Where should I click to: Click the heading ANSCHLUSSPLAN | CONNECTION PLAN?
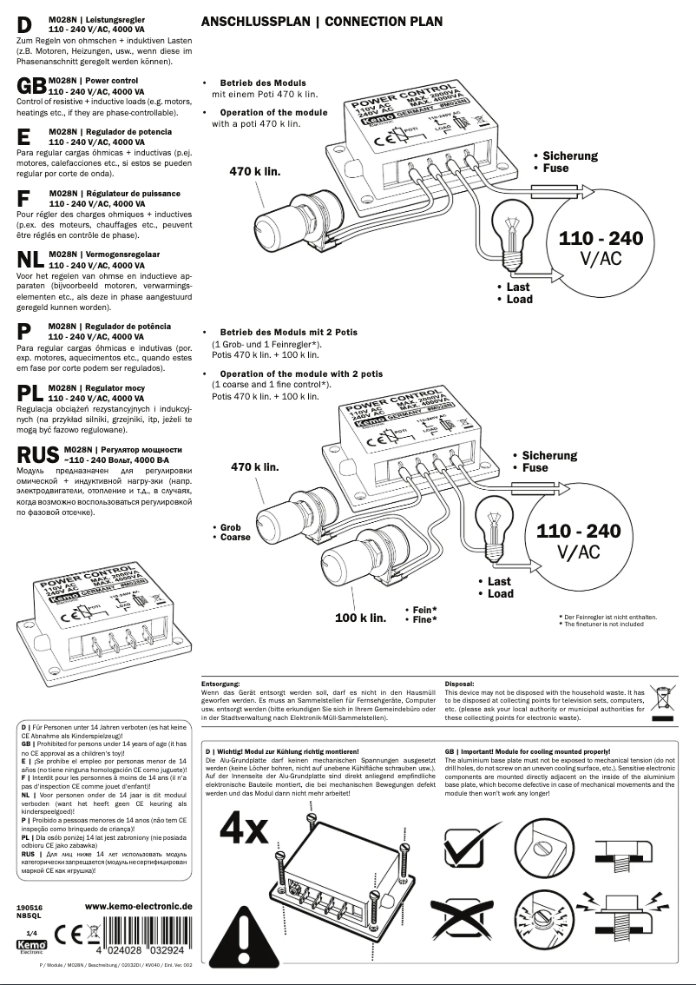(321, 22)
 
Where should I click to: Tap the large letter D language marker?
(24, 27)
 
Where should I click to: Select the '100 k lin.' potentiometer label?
(360, 618)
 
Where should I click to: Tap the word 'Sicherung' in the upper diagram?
(569, 156)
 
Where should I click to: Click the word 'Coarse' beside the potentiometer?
(234, 537)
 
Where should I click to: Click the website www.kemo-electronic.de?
(139, 906)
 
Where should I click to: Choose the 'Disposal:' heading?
(460, 684)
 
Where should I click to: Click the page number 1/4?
(31, 931)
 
